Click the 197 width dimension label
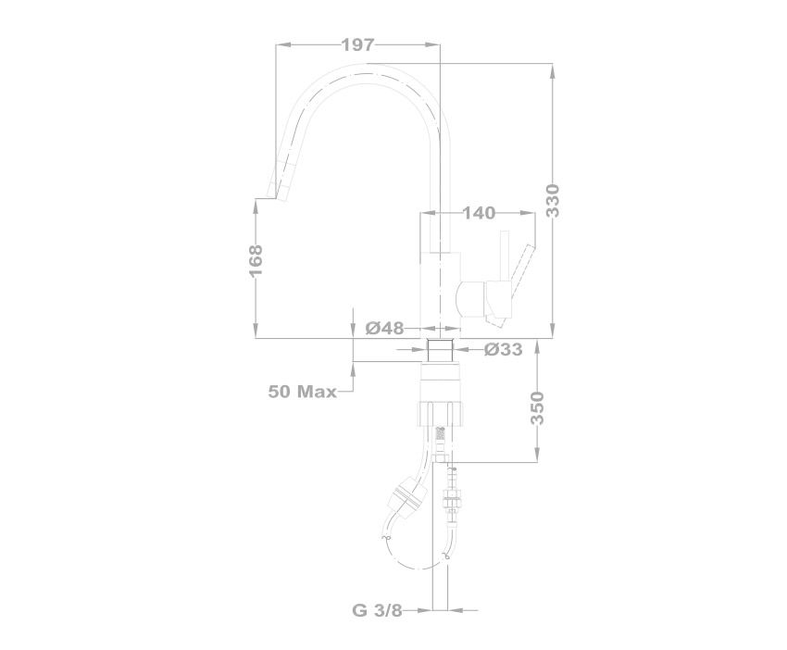point(358,45)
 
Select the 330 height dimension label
point(552,201)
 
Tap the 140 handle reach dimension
point(479,213)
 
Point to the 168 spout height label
point(256,260)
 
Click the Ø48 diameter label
point(384,329)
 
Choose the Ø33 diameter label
point(504,349)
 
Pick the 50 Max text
point(302,392)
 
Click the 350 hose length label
point(537,408)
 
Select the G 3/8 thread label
point(378,610)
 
